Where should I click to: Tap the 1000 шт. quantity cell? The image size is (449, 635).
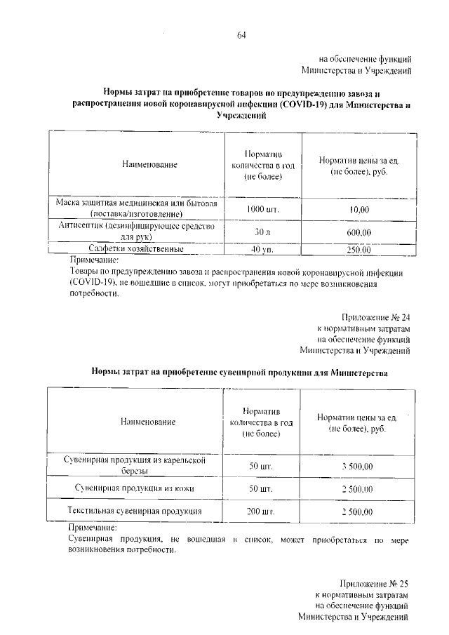[x=263, y=208]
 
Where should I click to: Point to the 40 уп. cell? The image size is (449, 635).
[x=262, y=249]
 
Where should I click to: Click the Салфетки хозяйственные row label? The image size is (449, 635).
[x=136, y=248]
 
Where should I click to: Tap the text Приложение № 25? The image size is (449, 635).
[x=374, y=583]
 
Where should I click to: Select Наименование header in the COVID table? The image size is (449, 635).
[x=149, y=164]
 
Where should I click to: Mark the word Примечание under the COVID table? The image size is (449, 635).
[x=96, y=259]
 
